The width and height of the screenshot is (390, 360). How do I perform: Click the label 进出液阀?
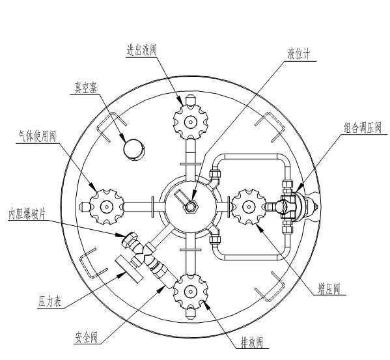(141, 50)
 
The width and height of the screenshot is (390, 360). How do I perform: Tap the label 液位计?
(299, 53)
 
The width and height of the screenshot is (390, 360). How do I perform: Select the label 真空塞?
(86, 88)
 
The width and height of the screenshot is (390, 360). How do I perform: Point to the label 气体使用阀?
(37, 136)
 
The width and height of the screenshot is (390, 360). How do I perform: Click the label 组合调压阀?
(363, 128)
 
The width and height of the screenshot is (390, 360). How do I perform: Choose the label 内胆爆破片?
(27, 214)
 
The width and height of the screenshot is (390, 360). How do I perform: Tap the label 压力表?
(49, 301)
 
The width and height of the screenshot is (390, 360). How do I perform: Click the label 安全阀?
(86, 337)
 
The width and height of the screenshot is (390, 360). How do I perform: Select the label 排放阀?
(252, 342)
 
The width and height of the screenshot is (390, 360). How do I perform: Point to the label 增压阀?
(329, 289)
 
